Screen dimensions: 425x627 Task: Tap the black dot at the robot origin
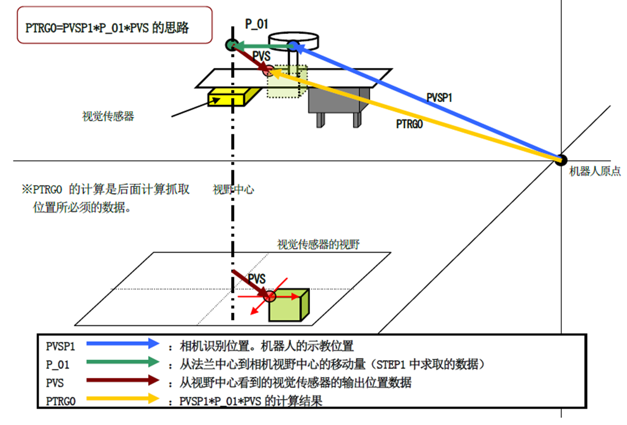tap(561, 159)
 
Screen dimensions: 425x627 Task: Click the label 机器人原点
tap(594, 172)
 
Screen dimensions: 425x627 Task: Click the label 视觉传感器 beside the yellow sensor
tap(108, 117)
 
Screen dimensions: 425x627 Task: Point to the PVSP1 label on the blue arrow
tap(439, 98)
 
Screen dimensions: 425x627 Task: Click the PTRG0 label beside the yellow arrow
tap(410, 124)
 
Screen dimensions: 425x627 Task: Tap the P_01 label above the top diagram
tap(257, 23)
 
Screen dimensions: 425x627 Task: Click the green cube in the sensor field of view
tap(289, 305)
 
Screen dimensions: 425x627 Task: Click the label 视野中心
tap(233, 189)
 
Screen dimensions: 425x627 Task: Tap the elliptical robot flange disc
tap(293, 38)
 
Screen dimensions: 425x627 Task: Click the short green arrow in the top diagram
tap(261, 46)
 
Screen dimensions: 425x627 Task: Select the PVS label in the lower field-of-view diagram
tap(256, 279)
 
